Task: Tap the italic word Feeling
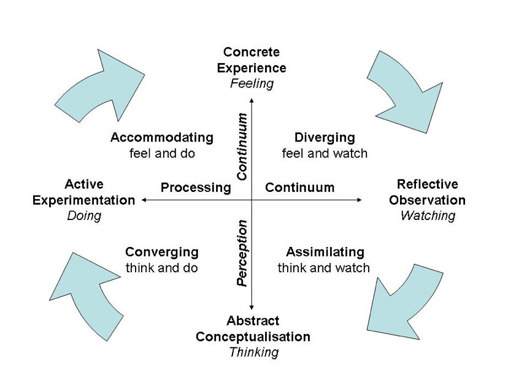pyautogui.click(x=252, y=84)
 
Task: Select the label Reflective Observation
pyautogui.click(x=427, y=192)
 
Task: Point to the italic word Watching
pyautogui.click(x=428, y=216)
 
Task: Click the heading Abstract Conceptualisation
pyautogui.click(x=253, y=329)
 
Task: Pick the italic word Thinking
pyautogui.click(x=253, y=352)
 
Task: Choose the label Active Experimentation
pyautogui.click(x=83, y=192)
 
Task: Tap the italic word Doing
pyautogui.click(x=84, y=216)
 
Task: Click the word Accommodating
pyautogui.click(x=162, y=137)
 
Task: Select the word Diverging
pyautogui.click(x=325, y=137)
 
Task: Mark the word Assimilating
pyautogui.click(x=325, y=252)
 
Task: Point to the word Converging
pyautogui.click(x=162, y=252)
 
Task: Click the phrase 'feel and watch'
pyautogui.click(x=325, y=153)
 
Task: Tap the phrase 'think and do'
pyautogui.click(x=162, y=268)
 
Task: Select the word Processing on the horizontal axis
pyautogui.click(x=195, y=188)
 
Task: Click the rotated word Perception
pyautogui.click(x=242, y=253)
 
